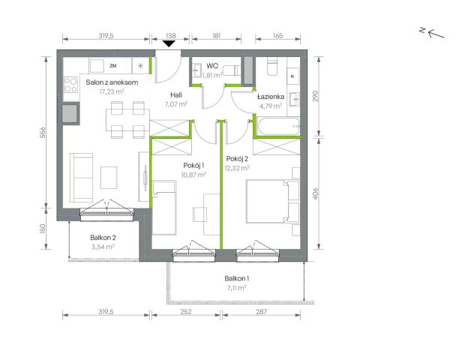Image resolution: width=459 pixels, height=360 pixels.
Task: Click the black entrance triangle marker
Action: click(x=169, y=44)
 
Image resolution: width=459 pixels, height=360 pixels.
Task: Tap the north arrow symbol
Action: click(x=433, y=32)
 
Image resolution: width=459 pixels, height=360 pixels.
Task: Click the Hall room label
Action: click(x=176, y=94)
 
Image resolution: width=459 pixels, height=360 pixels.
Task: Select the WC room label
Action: click(x=212, y=65)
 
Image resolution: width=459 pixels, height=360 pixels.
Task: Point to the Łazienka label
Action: click(x=271, y=96)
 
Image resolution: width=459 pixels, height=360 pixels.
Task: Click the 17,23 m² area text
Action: click(x=112, y=91)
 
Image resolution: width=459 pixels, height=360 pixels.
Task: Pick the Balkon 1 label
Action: click(x=237, y=278)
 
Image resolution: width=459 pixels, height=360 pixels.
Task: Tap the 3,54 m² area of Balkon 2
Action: click(x=103, y=247)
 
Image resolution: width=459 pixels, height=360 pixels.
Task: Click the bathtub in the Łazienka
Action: click(x=278, y=126)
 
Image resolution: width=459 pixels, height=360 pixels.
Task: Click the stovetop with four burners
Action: click(x=70, y=85)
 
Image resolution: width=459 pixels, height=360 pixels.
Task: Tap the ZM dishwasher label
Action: click(x=113, y=66)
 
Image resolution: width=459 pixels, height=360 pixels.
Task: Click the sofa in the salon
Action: click(x=82, y=178)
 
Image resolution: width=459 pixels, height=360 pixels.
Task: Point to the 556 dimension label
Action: click(x=43, y=132)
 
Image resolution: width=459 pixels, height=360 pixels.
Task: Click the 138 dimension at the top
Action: click(x=171, y=36)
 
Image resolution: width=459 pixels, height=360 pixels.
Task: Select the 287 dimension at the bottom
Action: click(x=261, y=312)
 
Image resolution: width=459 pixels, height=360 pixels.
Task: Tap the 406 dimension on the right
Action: click(x=315, y=193)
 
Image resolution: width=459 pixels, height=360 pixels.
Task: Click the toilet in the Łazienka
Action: click(x=272, y=66)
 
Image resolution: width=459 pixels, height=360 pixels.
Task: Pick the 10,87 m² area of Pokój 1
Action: click(x=193, y=175)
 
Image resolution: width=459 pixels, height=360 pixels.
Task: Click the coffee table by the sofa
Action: click(x=109, y=178)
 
